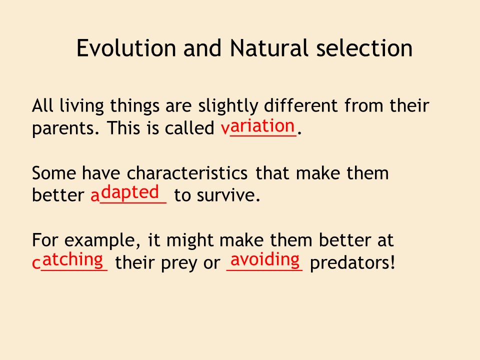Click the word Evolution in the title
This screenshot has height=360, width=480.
pyautogui.click(x=126, y=48)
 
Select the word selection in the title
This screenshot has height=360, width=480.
pyautogui.click(x=364, y=48)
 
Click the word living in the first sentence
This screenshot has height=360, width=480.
pyautogui.click(x=81, y=106)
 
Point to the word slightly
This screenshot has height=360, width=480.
pyautogui.click(x=228, y=106)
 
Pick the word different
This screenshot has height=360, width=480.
pyautogui.click(x=300, y=105)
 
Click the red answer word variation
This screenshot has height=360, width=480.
pyautogui.click(x=258, y=126)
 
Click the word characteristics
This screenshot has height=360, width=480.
pyautogui.click(x=187, y=173)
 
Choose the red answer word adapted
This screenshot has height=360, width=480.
pyautogui.click(x=125, y=193)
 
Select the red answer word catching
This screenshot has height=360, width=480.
pyautogui.click(x=67, y=261)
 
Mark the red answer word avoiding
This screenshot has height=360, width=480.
pyautogui.click(x=265, y=260)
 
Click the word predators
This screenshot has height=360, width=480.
pyautogui.click(x=352, y=262)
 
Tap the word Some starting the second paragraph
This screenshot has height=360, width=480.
pyautogui.click(x=54, y=173)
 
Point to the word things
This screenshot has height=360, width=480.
pyautogui.click(x=134, y=106)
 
